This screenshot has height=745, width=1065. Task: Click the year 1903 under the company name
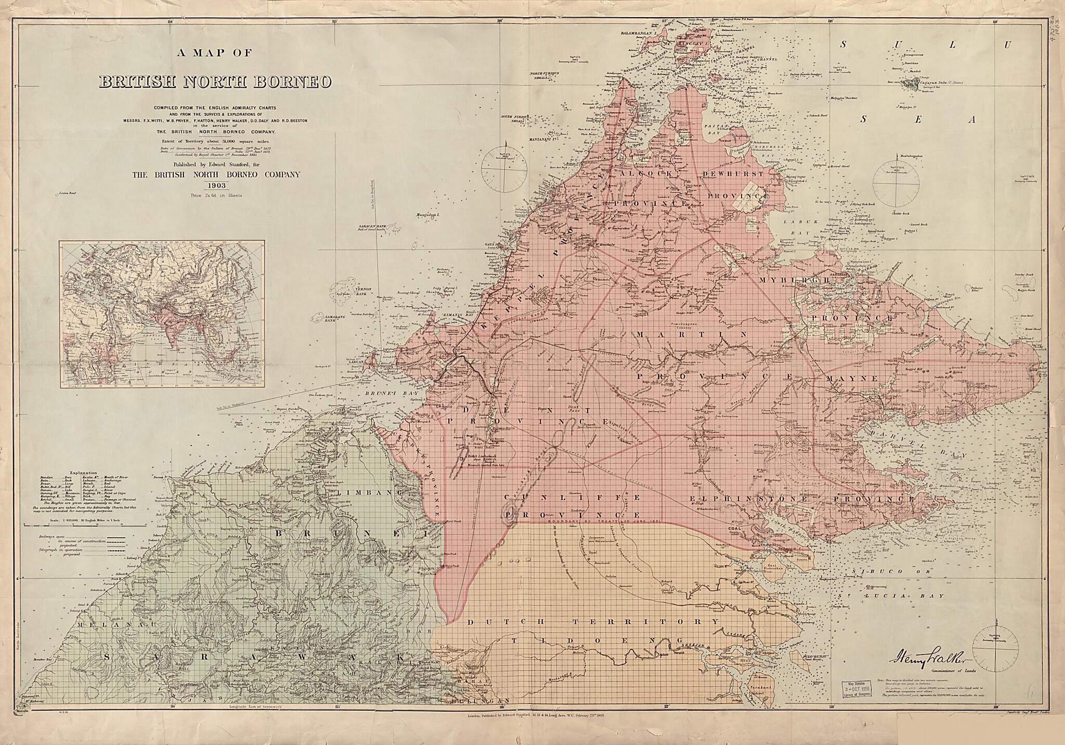[215, 185]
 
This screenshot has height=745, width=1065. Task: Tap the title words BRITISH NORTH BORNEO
[215, 82]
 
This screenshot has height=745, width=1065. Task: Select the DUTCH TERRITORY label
[593, 622]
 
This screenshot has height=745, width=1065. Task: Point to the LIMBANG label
[369, 492]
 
